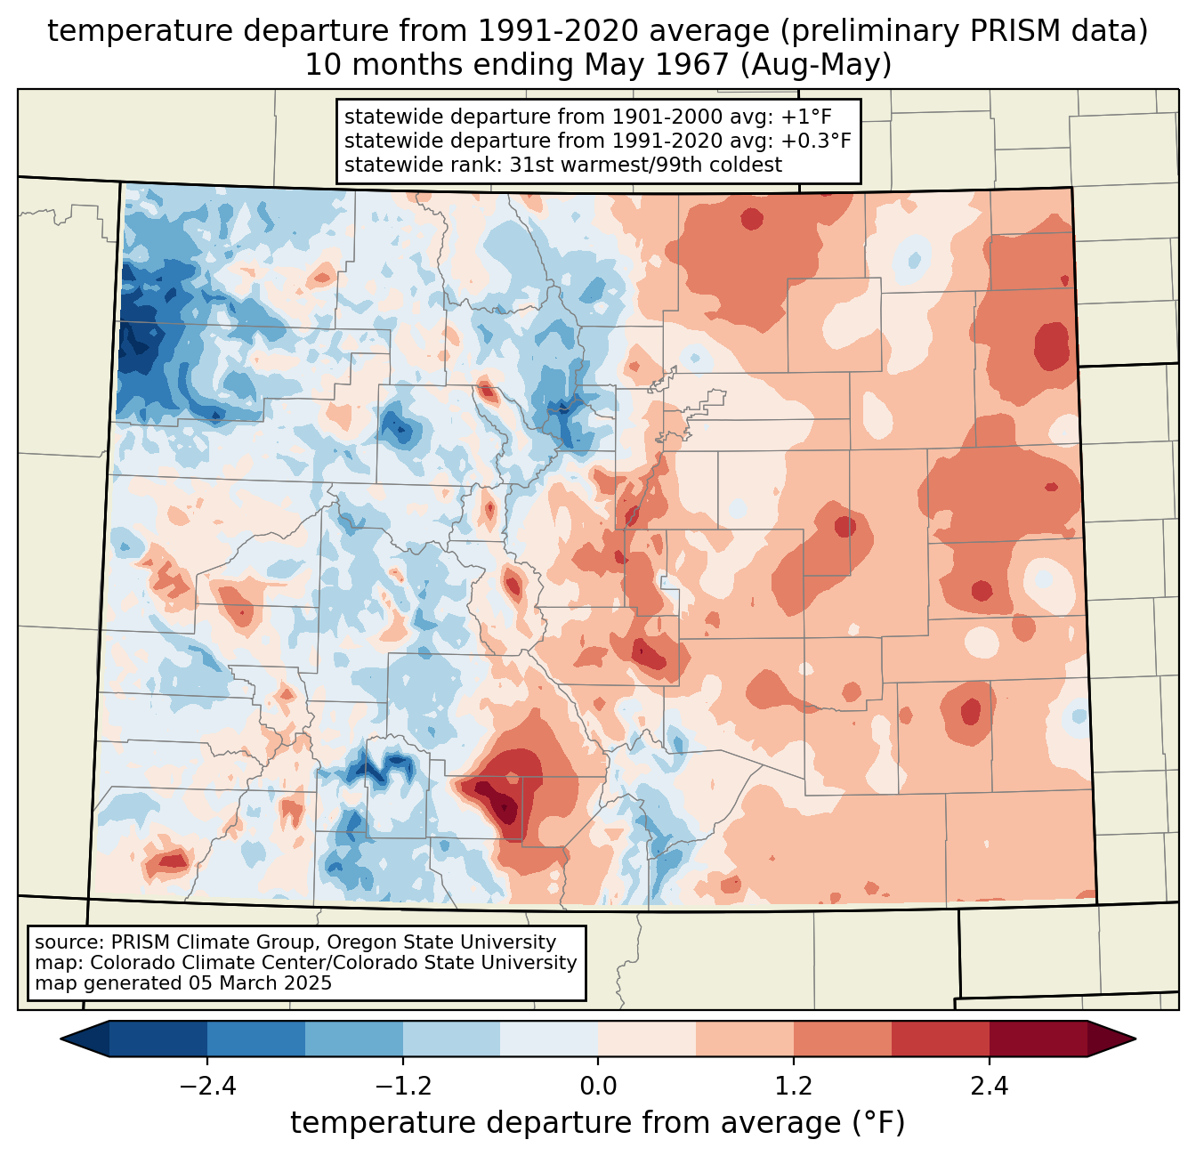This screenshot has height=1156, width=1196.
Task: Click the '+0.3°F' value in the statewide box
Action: [816, 141]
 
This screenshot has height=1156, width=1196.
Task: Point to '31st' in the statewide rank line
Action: [532, 165]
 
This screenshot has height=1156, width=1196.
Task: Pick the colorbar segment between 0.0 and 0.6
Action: [647, 1039]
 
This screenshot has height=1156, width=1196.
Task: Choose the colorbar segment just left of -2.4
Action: [158, 1039]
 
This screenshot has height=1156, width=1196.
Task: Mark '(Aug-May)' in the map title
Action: [815, 65]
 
